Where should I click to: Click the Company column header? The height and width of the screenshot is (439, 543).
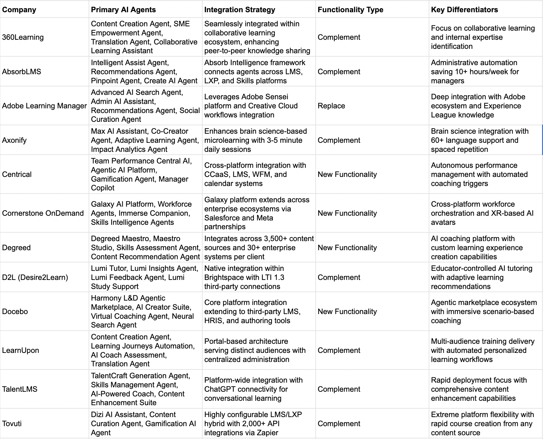point(19,10)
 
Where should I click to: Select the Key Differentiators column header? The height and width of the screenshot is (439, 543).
point(464,10)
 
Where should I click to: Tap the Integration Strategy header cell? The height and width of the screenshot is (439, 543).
point(240,10)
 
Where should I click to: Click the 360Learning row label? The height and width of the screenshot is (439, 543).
point(23,37)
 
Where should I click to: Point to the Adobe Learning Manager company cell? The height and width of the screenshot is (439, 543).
point(44,106)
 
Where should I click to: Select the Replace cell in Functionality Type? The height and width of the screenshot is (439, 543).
point(331,106)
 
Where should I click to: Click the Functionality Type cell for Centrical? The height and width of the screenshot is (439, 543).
point(347,174)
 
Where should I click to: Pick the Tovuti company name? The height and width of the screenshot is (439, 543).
point(12,424)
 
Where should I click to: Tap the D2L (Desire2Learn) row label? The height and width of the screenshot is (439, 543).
point(35,277)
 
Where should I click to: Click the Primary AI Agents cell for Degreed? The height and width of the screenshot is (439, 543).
point(146,248)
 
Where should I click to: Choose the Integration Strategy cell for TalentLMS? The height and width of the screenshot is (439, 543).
point(253,389)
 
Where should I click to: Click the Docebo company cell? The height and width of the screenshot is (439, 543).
point(15,312)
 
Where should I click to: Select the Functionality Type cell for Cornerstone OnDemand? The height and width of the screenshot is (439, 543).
point(347,213)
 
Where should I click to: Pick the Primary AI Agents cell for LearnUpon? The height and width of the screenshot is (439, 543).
point(142,350)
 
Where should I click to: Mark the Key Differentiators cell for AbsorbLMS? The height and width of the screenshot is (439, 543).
point(475,72)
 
